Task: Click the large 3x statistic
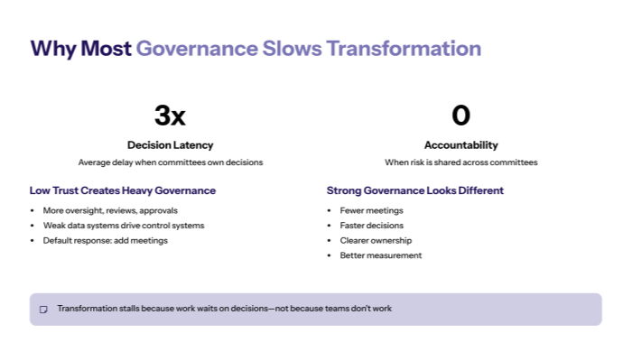pos(170,116)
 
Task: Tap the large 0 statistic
pos(460,116)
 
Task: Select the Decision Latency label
pos(170,144)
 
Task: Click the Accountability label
pos(460,144)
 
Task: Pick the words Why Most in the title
pos(80,48)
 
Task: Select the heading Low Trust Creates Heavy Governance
pos(123,190)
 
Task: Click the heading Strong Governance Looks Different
pos(414,190)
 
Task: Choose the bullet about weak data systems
pos(124,226)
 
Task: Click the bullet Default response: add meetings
pos(105,241)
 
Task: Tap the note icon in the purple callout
pos(43,309)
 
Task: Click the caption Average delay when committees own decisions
pos(170,162)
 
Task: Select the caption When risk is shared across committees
pos(460,162)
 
